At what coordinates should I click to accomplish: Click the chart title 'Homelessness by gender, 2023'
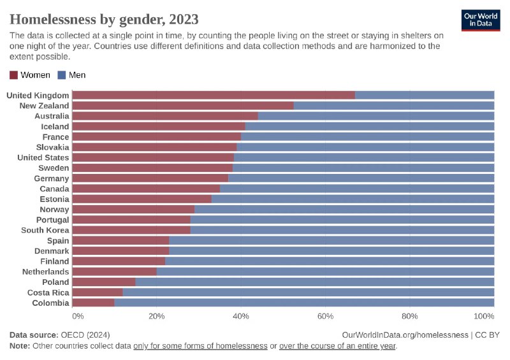tap(104, 18)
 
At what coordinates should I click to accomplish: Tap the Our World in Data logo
tap(480, 20)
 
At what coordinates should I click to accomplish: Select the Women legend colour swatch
tap(14, 75)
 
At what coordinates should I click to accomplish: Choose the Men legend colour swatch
tap(62, 75)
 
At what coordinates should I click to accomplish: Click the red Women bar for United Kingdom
tap(214, 96)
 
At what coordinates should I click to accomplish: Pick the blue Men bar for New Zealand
tap(394, 106)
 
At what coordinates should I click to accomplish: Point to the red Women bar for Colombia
tap(94, 303)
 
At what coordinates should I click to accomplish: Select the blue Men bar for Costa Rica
tap(309, 292)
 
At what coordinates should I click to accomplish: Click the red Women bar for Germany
tap(150, 178)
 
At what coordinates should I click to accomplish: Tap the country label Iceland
tap(55, 127)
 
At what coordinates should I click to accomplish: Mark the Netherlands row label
tap(45, 271)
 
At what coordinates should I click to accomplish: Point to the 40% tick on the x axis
tap(241, 316)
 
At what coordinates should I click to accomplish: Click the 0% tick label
tap(78, 316)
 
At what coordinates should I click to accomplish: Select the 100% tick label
tap(484, 316)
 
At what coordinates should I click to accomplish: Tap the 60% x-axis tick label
tap(325, 316)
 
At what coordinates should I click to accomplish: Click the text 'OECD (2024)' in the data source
tap(85, 335)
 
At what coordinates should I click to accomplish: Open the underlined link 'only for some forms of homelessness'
tap(200, 345)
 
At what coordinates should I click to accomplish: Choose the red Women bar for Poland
tap(105, 282)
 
